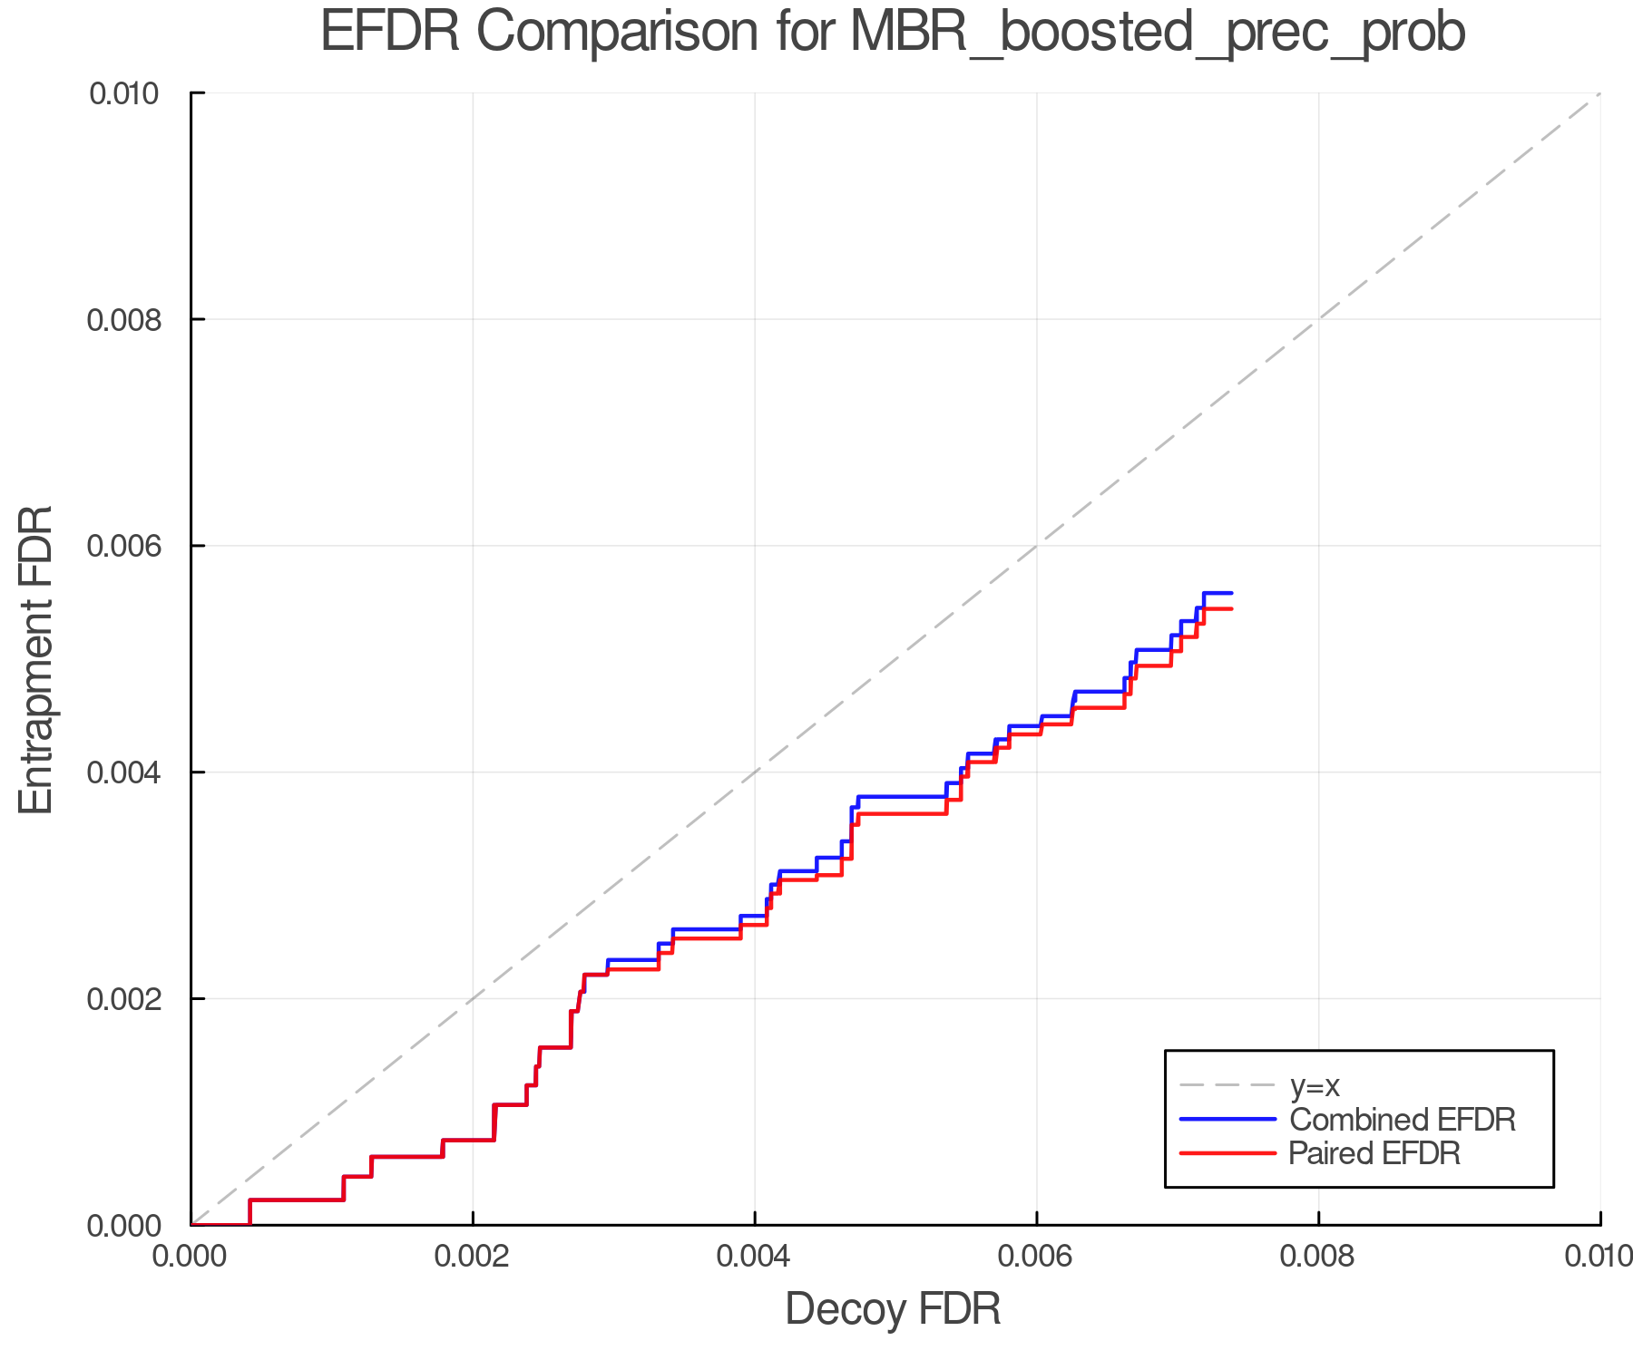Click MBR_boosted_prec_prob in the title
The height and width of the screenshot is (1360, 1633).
pos(1157,33)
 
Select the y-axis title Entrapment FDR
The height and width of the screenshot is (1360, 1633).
pos(36,659)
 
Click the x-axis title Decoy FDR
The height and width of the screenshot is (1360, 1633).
pos(893,1309)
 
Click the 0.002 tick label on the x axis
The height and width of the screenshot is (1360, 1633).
pos(473,1256)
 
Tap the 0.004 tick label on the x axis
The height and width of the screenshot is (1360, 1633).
pos(755,1256)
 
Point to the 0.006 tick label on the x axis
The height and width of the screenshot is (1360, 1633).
pos(1037,1256)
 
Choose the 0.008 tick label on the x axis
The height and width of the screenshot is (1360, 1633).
pos(1318,1256)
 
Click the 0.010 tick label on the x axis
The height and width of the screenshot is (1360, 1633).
pos(1597,1256)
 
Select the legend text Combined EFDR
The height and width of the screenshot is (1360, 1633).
pos(1402,1120)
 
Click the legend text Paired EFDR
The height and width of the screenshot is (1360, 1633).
pos(1374,1153)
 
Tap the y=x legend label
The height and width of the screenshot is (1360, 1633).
pos(1315,1085)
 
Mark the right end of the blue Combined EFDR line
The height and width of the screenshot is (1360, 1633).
pos(1231,593)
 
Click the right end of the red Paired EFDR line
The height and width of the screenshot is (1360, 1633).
pos(1231,608)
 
